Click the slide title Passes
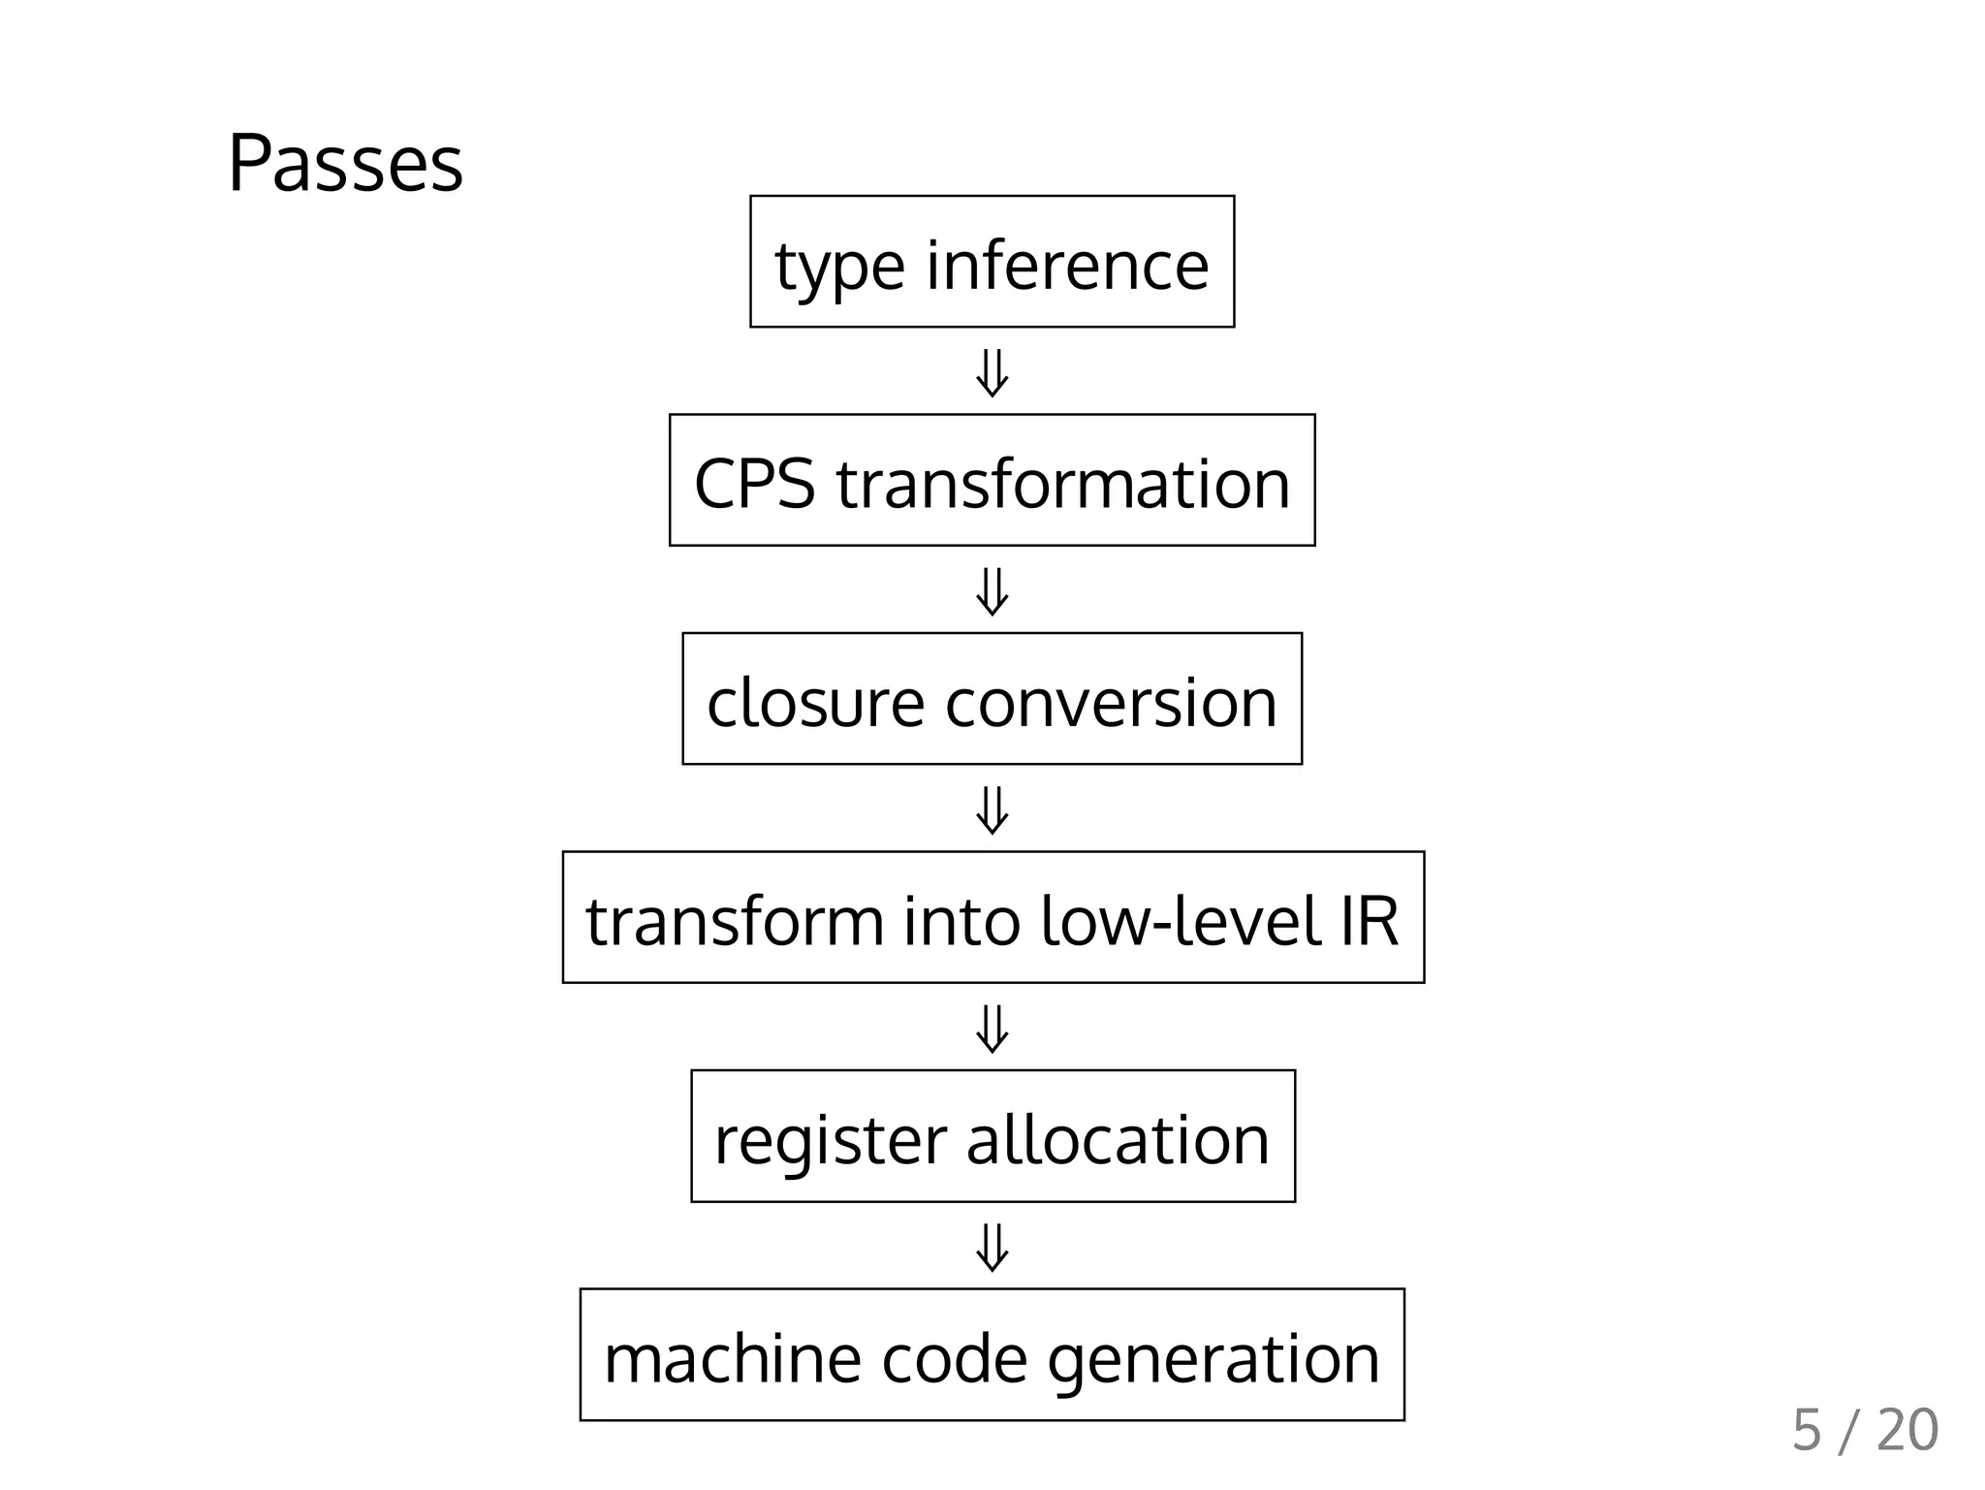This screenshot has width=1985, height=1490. (345, 164)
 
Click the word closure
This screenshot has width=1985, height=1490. (814, 702)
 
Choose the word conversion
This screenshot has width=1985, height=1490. (1111, 702)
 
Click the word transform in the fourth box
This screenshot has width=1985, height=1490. (734, 920)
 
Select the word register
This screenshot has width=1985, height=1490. (830, 1141)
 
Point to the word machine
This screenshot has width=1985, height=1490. (732, 1358)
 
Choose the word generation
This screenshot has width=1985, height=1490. (1213, 1360)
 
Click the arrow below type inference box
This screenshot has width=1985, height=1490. (992, 373)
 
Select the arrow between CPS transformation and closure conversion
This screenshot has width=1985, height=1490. (992, 591)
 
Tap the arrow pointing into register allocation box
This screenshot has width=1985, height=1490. (992, 1029)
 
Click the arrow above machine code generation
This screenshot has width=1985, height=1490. (992, 1248)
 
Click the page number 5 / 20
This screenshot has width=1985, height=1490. (1864, 1430)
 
